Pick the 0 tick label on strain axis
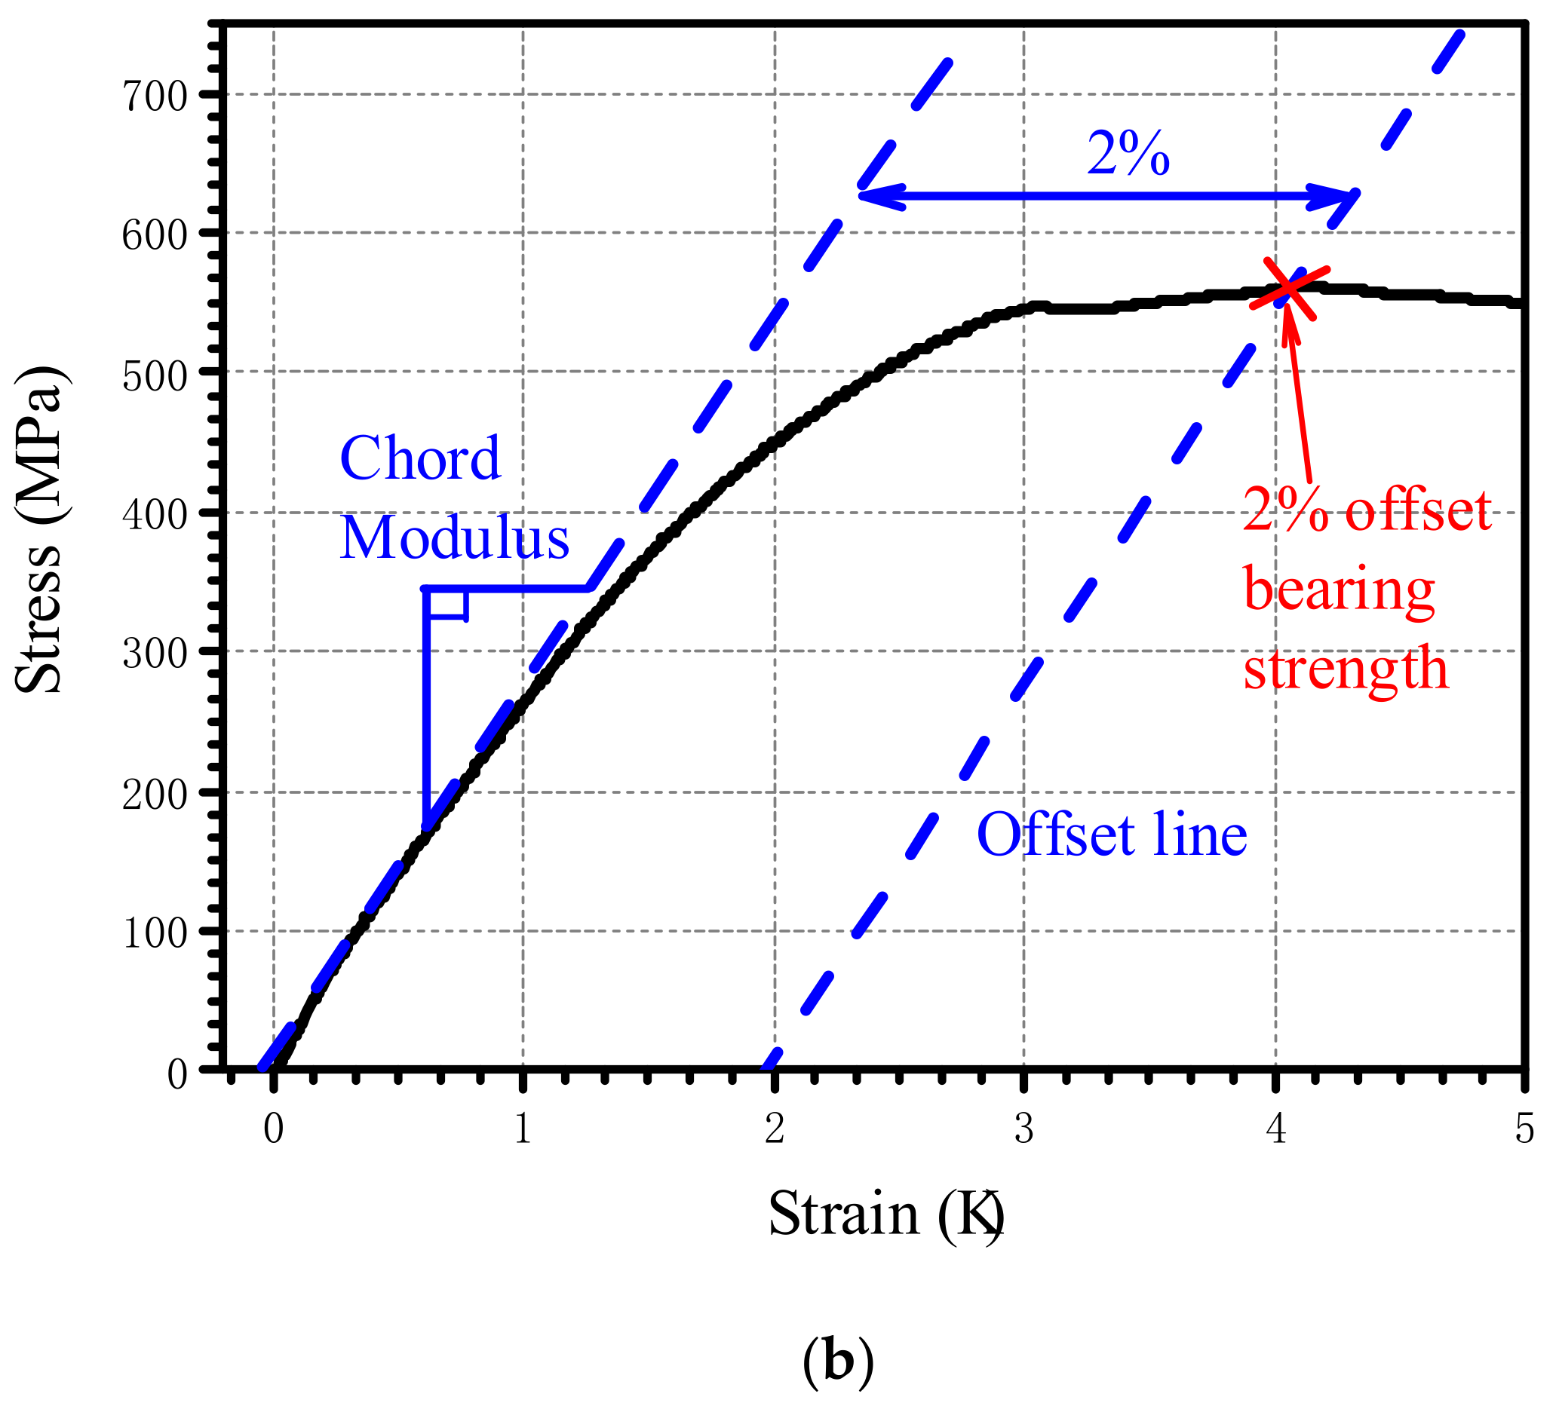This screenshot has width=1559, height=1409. pos(273,1131)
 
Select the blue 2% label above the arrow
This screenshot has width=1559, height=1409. pos(1128,154)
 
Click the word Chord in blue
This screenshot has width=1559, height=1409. pos(420,458)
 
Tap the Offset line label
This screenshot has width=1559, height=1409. pos(1112,835)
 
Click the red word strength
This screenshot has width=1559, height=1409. pos(1346,669)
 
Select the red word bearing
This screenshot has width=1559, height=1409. pos(1340,590)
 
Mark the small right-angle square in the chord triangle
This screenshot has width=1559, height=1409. pos(447,604)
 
